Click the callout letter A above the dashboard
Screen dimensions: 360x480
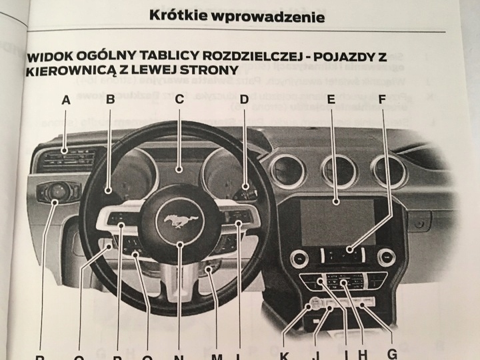[65, 101]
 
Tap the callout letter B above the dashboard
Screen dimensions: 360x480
[111, 101]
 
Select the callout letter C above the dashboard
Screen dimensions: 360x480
[179, 101]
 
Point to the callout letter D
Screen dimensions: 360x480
[244, 101]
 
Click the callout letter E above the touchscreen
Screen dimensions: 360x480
[331, 101]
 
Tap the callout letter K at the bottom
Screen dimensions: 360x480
[284, 355]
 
